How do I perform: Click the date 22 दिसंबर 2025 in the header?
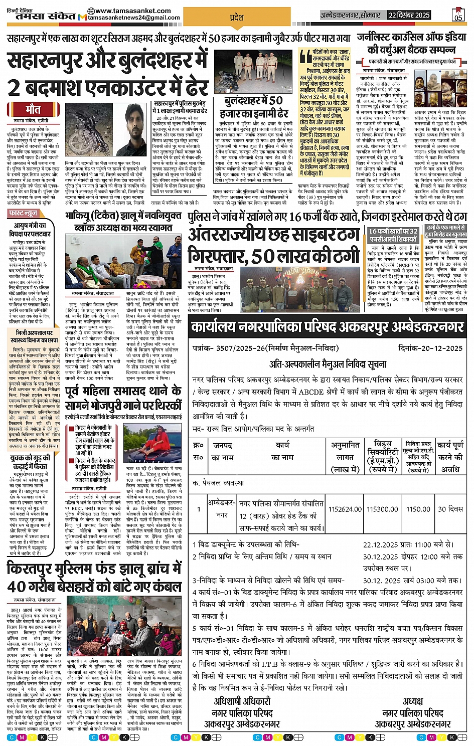[409, 15]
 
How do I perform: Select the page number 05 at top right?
[458, 16]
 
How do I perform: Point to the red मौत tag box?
[33, 109]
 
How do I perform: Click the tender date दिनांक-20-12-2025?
[430, 348]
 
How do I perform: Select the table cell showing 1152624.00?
[345, 509]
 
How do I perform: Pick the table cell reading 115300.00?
[382, 509]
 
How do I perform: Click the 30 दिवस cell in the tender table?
[450, 509]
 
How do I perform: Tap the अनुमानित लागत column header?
[345, 457]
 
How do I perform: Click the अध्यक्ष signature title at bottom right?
[412, 701]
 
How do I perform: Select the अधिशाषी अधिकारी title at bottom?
[242, 701]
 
